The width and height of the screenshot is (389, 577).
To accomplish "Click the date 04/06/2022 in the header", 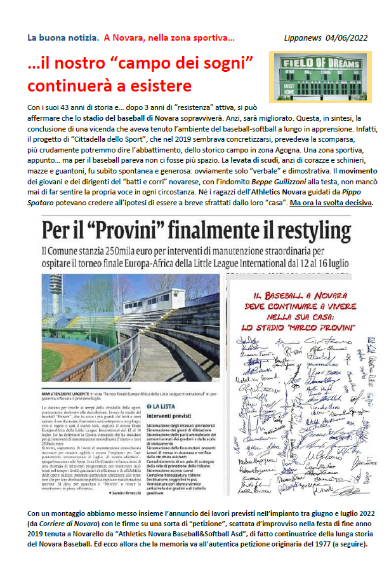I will (348, 38).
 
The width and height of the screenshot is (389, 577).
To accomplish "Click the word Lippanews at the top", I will (307, 38).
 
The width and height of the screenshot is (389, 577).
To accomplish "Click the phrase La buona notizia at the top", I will (62, 38).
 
